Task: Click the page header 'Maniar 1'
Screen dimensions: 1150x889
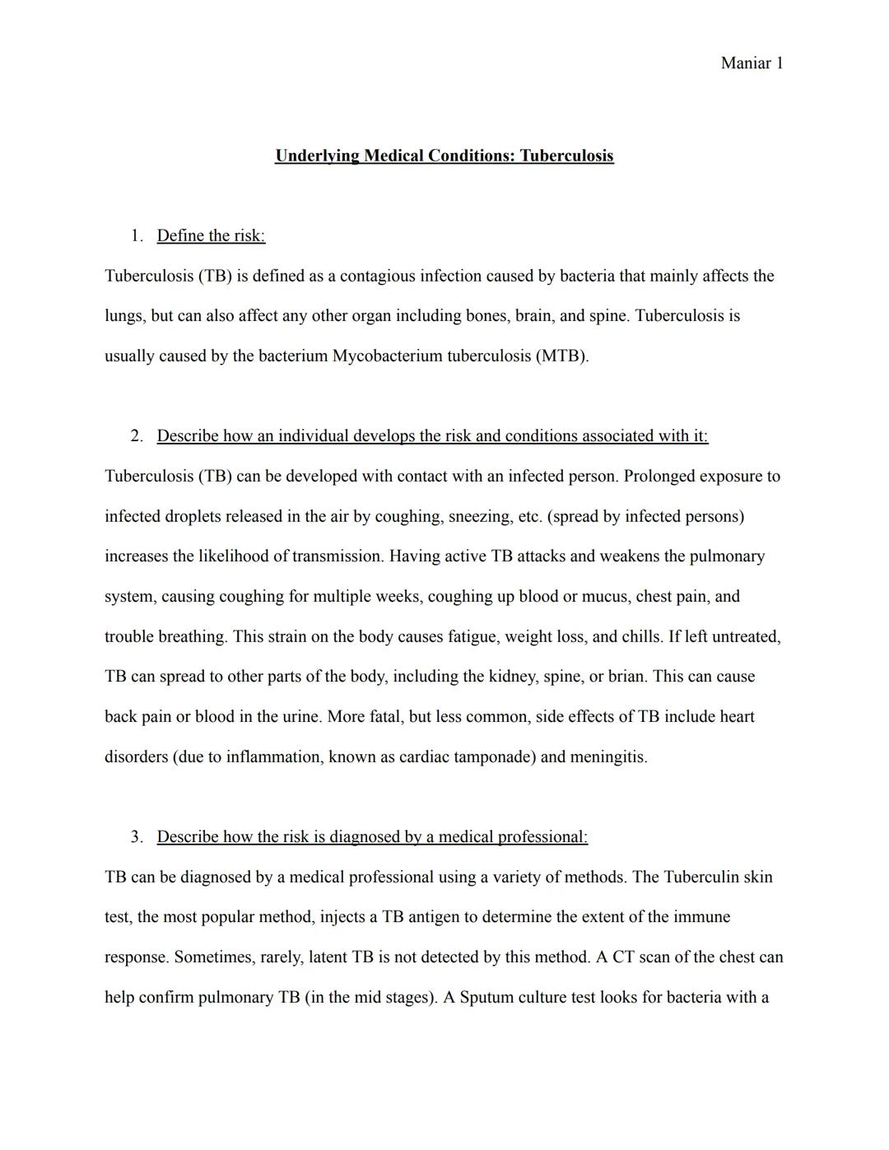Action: [752, 63]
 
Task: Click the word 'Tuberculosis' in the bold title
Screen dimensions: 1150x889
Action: [566, 156]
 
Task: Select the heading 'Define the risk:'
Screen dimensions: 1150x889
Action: [211, 236]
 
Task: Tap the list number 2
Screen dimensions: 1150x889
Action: [136, 436]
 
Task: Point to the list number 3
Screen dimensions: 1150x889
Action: [136, 837]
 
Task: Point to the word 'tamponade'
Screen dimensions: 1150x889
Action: [496, 757]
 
